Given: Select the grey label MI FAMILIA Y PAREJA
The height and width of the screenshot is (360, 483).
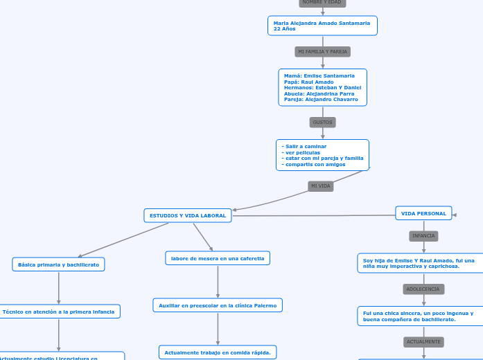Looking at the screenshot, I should click(x=322, y=52).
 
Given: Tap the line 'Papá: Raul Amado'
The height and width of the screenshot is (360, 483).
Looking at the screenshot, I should click(x=309, y=82).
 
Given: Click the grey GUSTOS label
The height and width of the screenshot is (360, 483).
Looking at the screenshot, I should click(x=323, y=123).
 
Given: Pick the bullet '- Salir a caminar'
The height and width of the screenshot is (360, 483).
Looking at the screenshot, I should click(x=305, y=146).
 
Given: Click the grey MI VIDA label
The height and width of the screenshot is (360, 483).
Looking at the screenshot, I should click(x=321, y=186).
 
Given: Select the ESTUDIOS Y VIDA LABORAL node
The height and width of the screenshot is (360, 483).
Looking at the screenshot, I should click(x=188, y=216).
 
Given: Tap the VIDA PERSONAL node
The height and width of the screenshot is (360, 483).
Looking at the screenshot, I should click(x=423, y=214).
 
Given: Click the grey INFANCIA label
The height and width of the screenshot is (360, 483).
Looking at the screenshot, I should click(x=423, y=236).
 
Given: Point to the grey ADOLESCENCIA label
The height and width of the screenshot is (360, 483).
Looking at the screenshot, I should click(x=423, y=289).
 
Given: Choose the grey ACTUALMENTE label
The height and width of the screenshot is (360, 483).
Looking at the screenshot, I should click(x=423, y=342).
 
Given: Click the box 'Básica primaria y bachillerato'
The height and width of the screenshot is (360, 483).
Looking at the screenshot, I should click(x=59, y=264).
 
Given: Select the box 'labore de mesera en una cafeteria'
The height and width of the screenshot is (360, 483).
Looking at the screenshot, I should click(x=218, y=258).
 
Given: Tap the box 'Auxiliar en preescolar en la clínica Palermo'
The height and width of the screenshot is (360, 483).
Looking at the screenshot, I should click(x=218, y=305).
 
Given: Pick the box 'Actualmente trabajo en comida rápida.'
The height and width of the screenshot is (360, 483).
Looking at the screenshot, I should click(x=218, y=352).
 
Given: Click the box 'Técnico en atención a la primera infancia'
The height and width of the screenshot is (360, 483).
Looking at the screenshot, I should click(x=59, y=312).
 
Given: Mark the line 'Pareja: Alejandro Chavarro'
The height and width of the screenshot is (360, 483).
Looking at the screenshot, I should click(x=322, y=100).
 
